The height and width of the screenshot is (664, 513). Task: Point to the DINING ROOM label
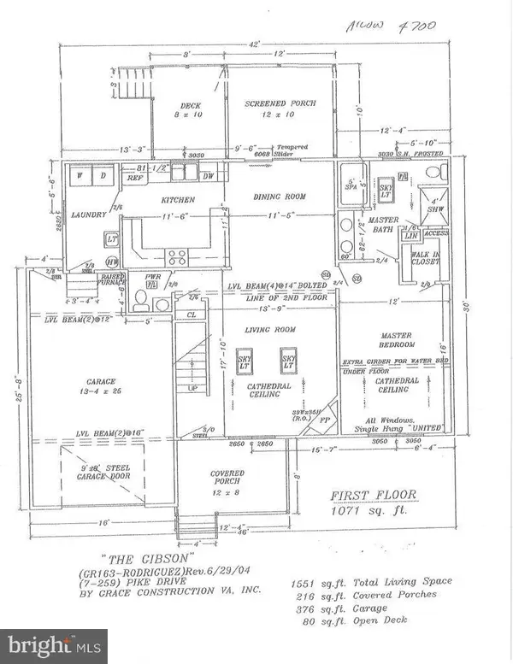pyautogui.click(x=279, y=197)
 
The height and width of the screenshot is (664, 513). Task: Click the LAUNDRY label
pyautogui.click(x=88, y=214)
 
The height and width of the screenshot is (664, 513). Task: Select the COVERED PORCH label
pyautogui.click(x=227, y=478)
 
